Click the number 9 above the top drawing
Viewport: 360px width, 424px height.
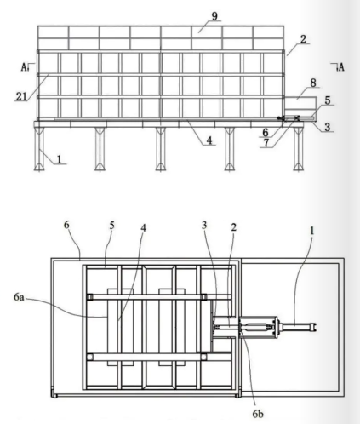[214, 16]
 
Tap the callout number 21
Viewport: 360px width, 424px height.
[21, 97]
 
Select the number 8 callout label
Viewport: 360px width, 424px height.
[313, 83]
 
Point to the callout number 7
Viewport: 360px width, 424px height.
[266, 143]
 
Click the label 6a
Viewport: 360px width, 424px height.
[19, 297]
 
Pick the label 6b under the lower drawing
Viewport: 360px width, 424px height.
[258, 414]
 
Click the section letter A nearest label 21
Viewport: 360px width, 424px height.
[25, 67]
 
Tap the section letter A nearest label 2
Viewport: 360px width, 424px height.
[340, 67]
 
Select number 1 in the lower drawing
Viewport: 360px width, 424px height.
[311, 231]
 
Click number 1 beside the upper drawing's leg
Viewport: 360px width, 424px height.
[59, 159]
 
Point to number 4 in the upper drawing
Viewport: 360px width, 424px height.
[209, 140]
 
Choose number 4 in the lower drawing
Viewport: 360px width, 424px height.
[143, 227]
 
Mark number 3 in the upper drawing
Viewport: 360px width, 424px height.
[328, 127]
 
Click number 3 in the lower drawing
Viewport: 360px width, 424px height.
[204, 226]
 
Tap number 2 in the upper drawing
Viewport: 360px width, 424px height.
[303, 39]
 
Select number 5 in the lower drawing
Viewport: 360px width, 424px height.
[112, 226]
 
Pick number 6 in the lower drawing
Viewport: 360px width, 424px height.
[66, 225]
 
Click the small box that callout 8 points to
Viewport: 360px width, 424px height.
[300, 102]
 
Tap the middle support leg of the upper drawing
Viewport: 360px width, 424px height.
[160, 149]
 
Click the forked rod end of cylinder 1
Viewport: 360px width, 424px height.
[314, 327]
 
